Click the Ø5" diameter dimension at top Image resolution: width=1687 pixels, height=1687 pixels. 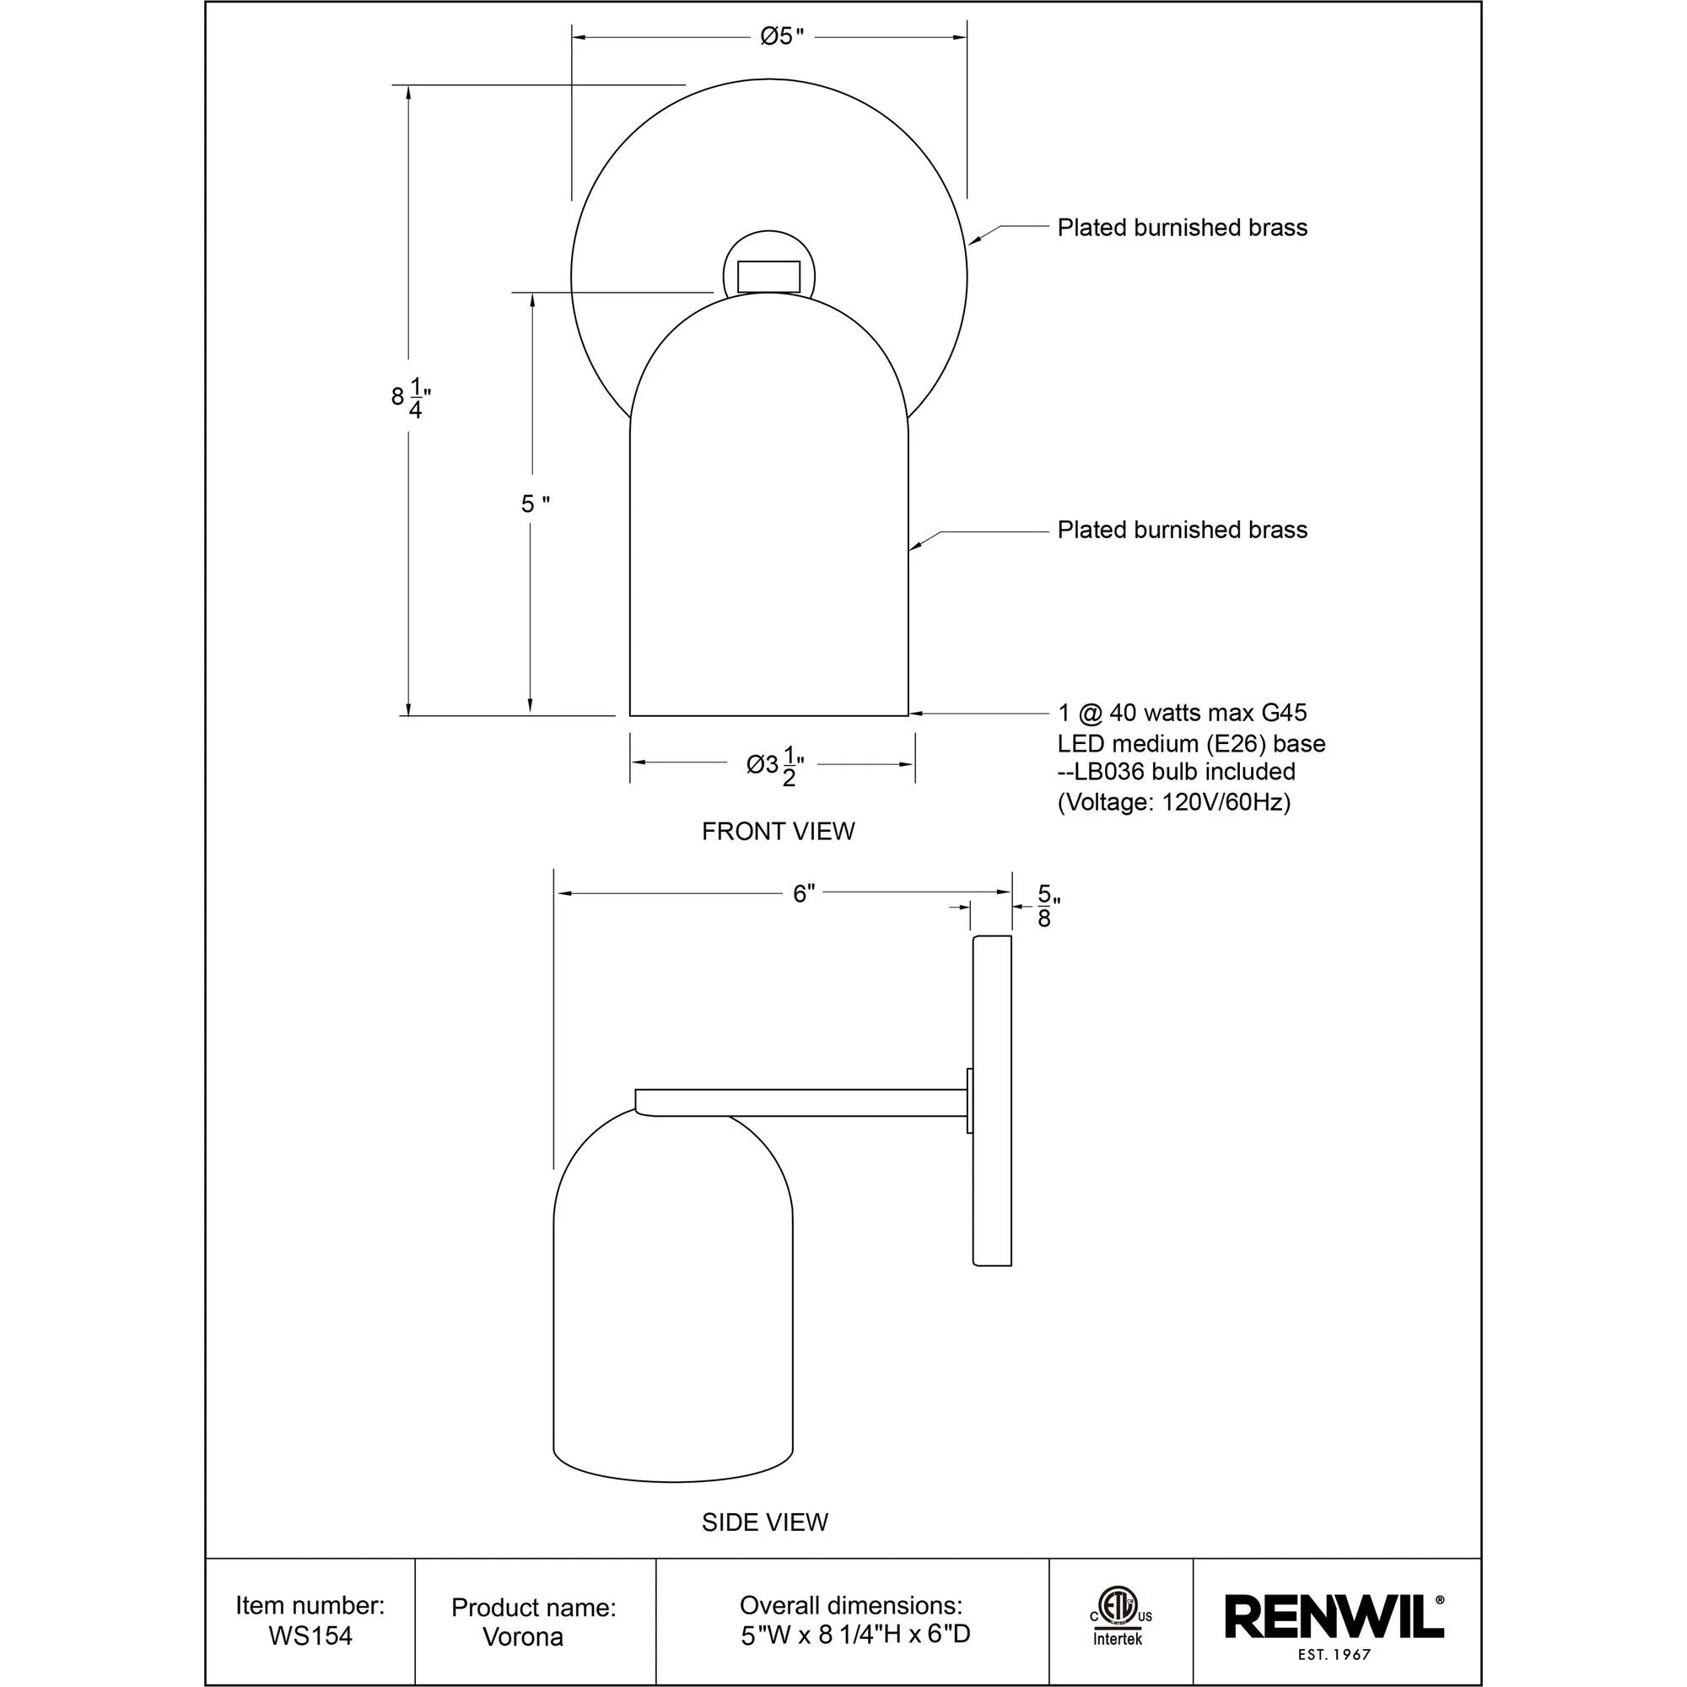(x=780, y=36)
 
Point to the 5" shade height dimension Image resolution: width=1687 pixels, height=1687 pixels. (x=535, y=504)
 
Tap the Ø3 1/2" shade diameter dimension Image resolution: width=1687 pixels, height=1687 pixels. (x=774, y=766)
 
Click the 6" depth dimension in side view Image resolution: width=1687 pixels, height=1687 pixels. (x=803, y=893)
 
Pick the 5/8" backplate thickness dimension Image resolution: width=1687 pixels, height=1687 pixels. (x=1046, y=907)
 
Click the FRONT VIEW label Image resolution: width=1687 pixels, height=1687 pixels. (x=778, y=832)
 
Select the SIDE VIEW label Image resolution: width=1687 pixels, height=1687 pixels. (x=765, y=1522)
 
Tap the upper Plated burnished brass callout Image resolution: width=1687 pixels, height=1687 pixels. (x=1182, y=228)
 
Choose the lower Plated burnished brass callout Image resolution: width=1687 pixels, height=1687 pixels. (x=1182, y=530)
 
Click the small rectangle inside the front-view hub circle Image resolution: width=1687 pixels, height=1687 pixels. (x=768, y=276)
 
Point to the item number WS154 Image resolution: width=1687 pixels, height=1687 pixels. (x=310, y=1636)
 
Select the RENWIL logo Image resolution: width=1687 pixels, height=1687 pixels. (x=1334, y=1619)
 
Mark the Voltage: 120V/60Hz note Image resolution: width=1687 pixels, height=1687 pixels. (x=1173, y=801)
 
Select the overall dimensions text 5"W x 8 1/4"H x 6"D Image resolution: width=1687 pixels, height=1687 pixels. (x=854, y=1635)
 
